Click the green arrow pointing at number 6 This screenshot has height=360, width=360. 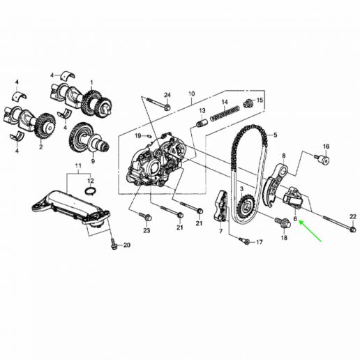point(310,231)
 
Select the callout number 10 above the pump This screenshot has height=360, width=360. point(191,94)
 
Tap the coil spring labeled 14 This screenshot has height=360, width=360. point(225,113)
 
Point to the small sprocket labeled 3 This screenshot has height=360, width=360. point(246,205)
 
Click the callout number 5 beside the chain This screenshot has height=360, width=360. point(276,135)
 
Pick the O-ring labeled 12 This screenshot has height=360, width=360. point(91,190)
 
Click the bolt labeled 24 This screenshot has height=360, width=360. point(158,103)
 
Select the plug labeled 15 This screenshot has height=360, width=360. point(248,104)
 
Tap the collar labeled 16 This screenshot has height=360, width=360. point(322,159)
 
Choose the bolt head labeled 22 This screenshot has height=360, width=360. point(353,230)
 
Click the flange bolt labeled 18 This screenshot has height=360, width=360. point(283,223)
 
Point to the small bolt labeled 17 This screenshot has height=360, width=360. point(244,241)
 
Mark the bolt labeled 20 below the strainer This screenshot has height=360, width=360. point(114,244)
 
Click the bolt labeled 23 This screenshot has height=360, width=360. point(146,217)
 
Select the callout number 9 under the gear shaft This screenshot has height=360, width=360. point(93,161)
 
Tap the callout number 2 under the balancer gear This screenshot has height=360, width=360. point(41,147)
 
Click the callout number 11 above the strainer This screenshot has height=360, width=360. point(78,166)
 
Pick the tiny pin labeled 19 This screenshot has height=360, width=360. point(149,135)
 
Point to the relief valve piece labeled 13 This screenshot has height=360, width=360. point(201,123)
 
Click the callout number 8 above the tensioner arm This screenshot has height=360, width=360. point(283,156)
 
